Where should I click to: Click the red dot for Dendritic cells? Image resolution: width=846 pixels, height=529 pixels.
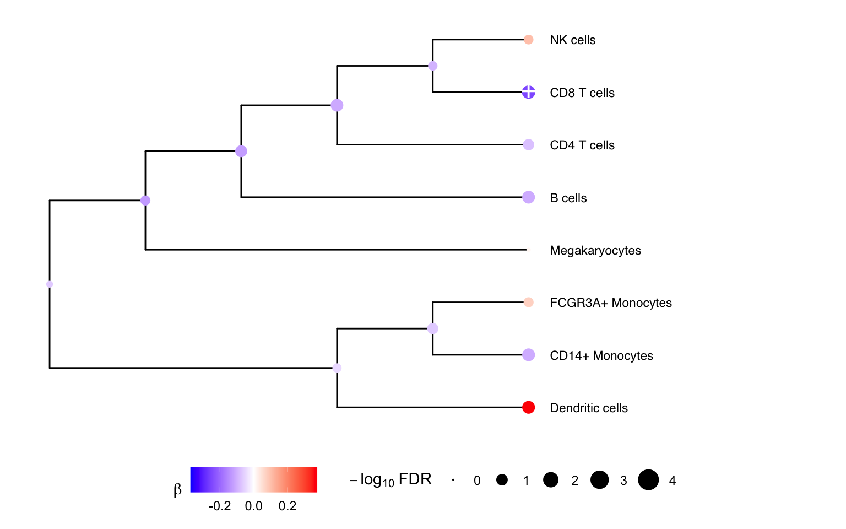coord(528,407)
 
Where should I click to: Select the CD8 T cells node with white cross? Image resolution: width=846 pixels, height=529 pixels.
coord(528,92)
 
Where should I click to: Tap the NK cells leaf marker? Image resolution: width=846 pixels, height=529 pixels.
coord(528,39)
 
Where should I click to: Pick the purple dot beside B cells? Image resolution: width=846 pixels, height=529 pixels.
coord(528,197)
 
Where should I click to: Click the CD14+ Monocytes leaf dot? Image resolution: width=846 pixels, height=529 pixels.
coord(528,355)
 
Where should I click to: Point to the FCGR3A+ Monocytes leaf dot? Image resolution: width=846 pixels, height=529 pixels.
coord(528,303)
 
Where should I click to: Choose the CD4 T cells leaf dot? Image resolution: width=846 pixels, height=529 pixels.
coord(528,144)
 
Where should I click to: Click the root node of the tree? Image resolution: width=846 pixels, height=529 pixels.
coord(50,284)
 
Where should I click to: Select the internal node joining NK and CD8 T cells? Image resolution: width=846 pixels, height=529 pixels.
coord(433,66)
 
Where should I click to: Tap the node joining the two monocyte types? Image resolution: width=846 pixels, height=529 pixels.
coord(433,329)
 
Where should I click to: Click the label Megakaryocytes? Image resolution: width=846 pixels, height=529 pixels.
coord(595,251)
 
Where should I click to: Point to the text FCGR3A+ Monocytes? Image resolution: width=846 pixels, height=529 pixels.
coord(611,303)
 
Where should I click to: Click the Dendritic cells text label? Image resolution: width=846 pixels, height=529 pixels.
coord(589,408)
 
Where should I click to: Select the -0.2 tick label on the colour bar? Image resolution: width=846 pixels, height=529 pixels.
coord(219,506)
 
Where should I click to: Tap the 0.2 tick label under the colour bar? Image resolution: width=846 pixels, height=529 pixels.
coord(288,506)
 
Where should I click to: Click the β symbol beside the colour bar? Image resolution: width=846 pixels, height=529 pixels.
coord(177,489)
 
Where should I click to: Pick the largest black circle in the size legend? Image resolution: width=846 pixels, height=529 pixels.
coord(648,480)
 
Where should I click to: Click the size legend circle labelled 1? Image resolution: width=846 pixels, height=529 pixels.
coord(502,480)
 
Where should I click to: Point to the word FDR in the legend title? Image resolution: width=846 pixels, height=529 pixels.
coord(415,479)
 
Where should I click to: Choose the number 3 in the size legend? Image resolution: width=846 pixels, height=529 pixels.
coord(623,481)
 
